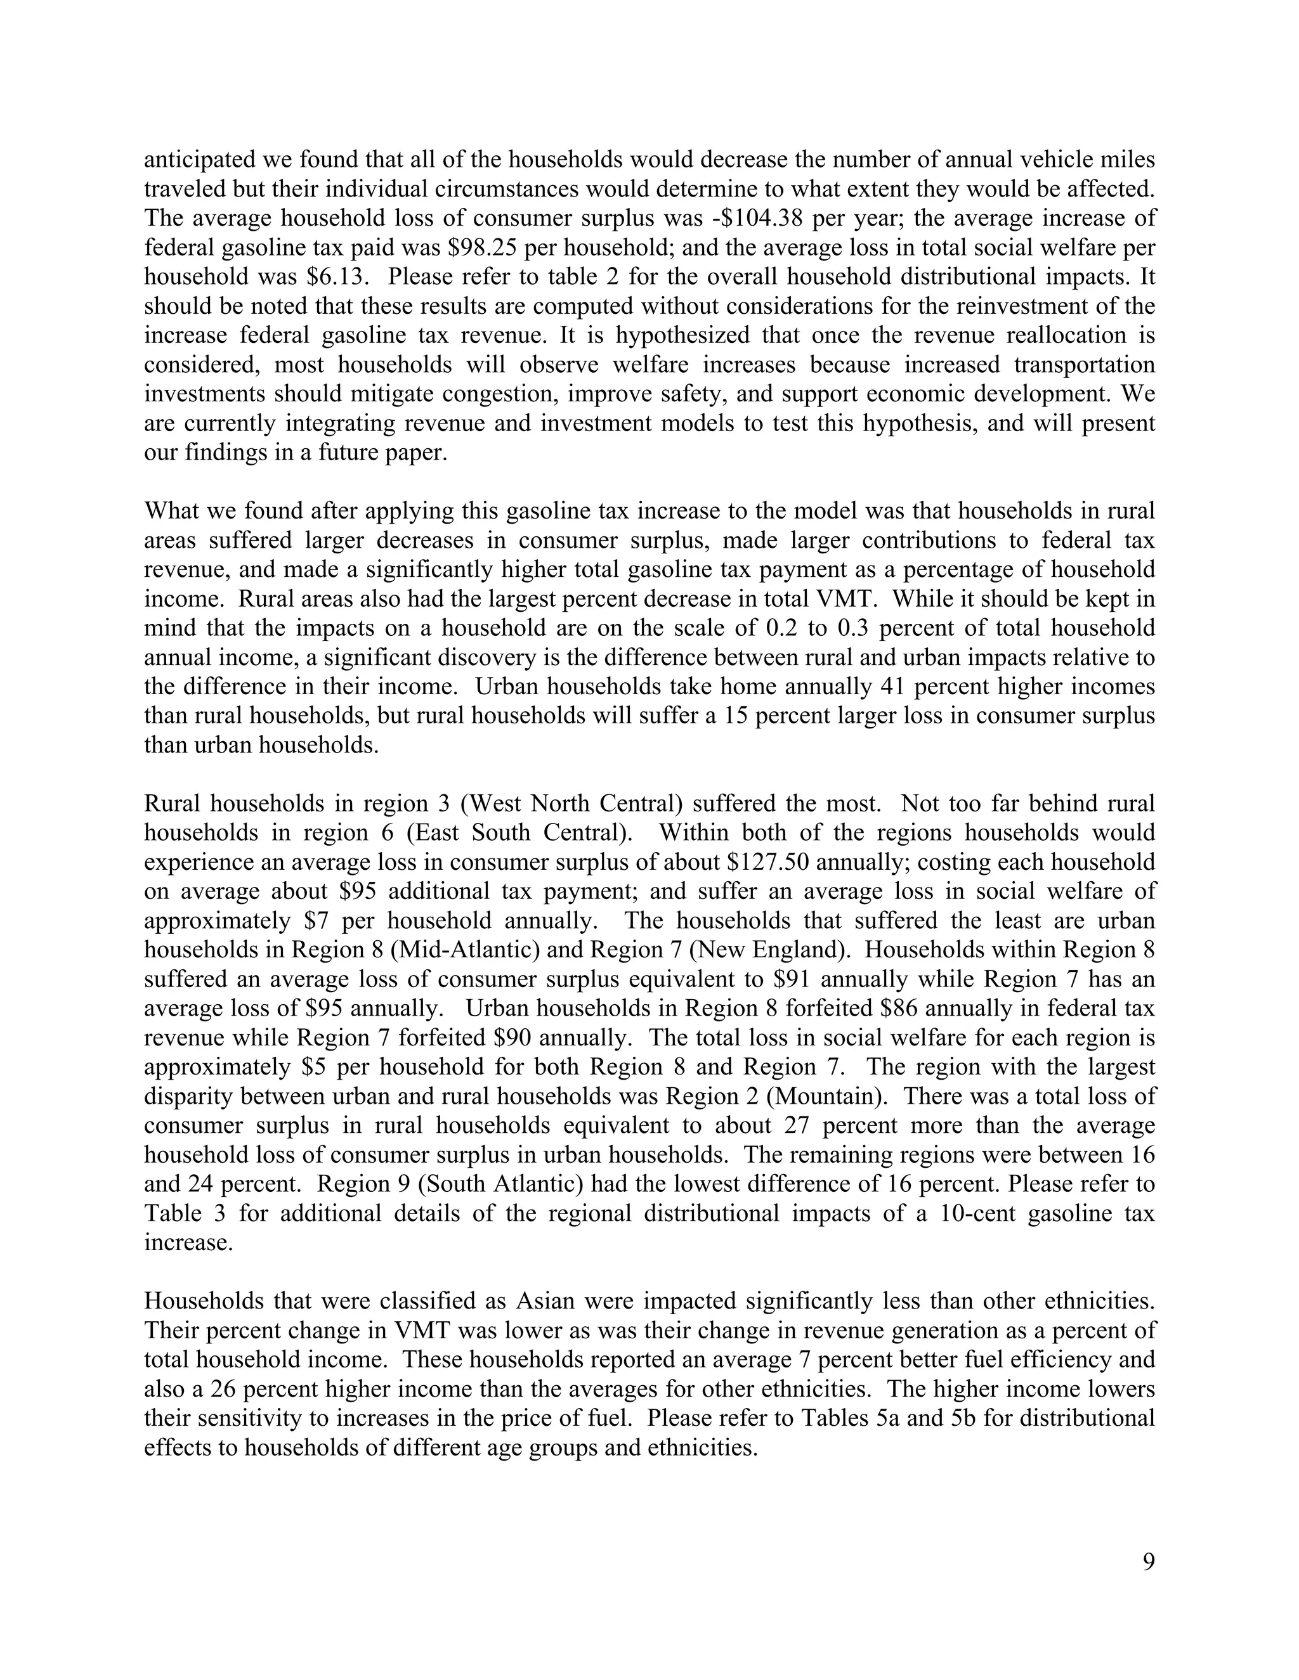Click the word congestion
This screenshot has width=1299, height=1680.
coord(512,394)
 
